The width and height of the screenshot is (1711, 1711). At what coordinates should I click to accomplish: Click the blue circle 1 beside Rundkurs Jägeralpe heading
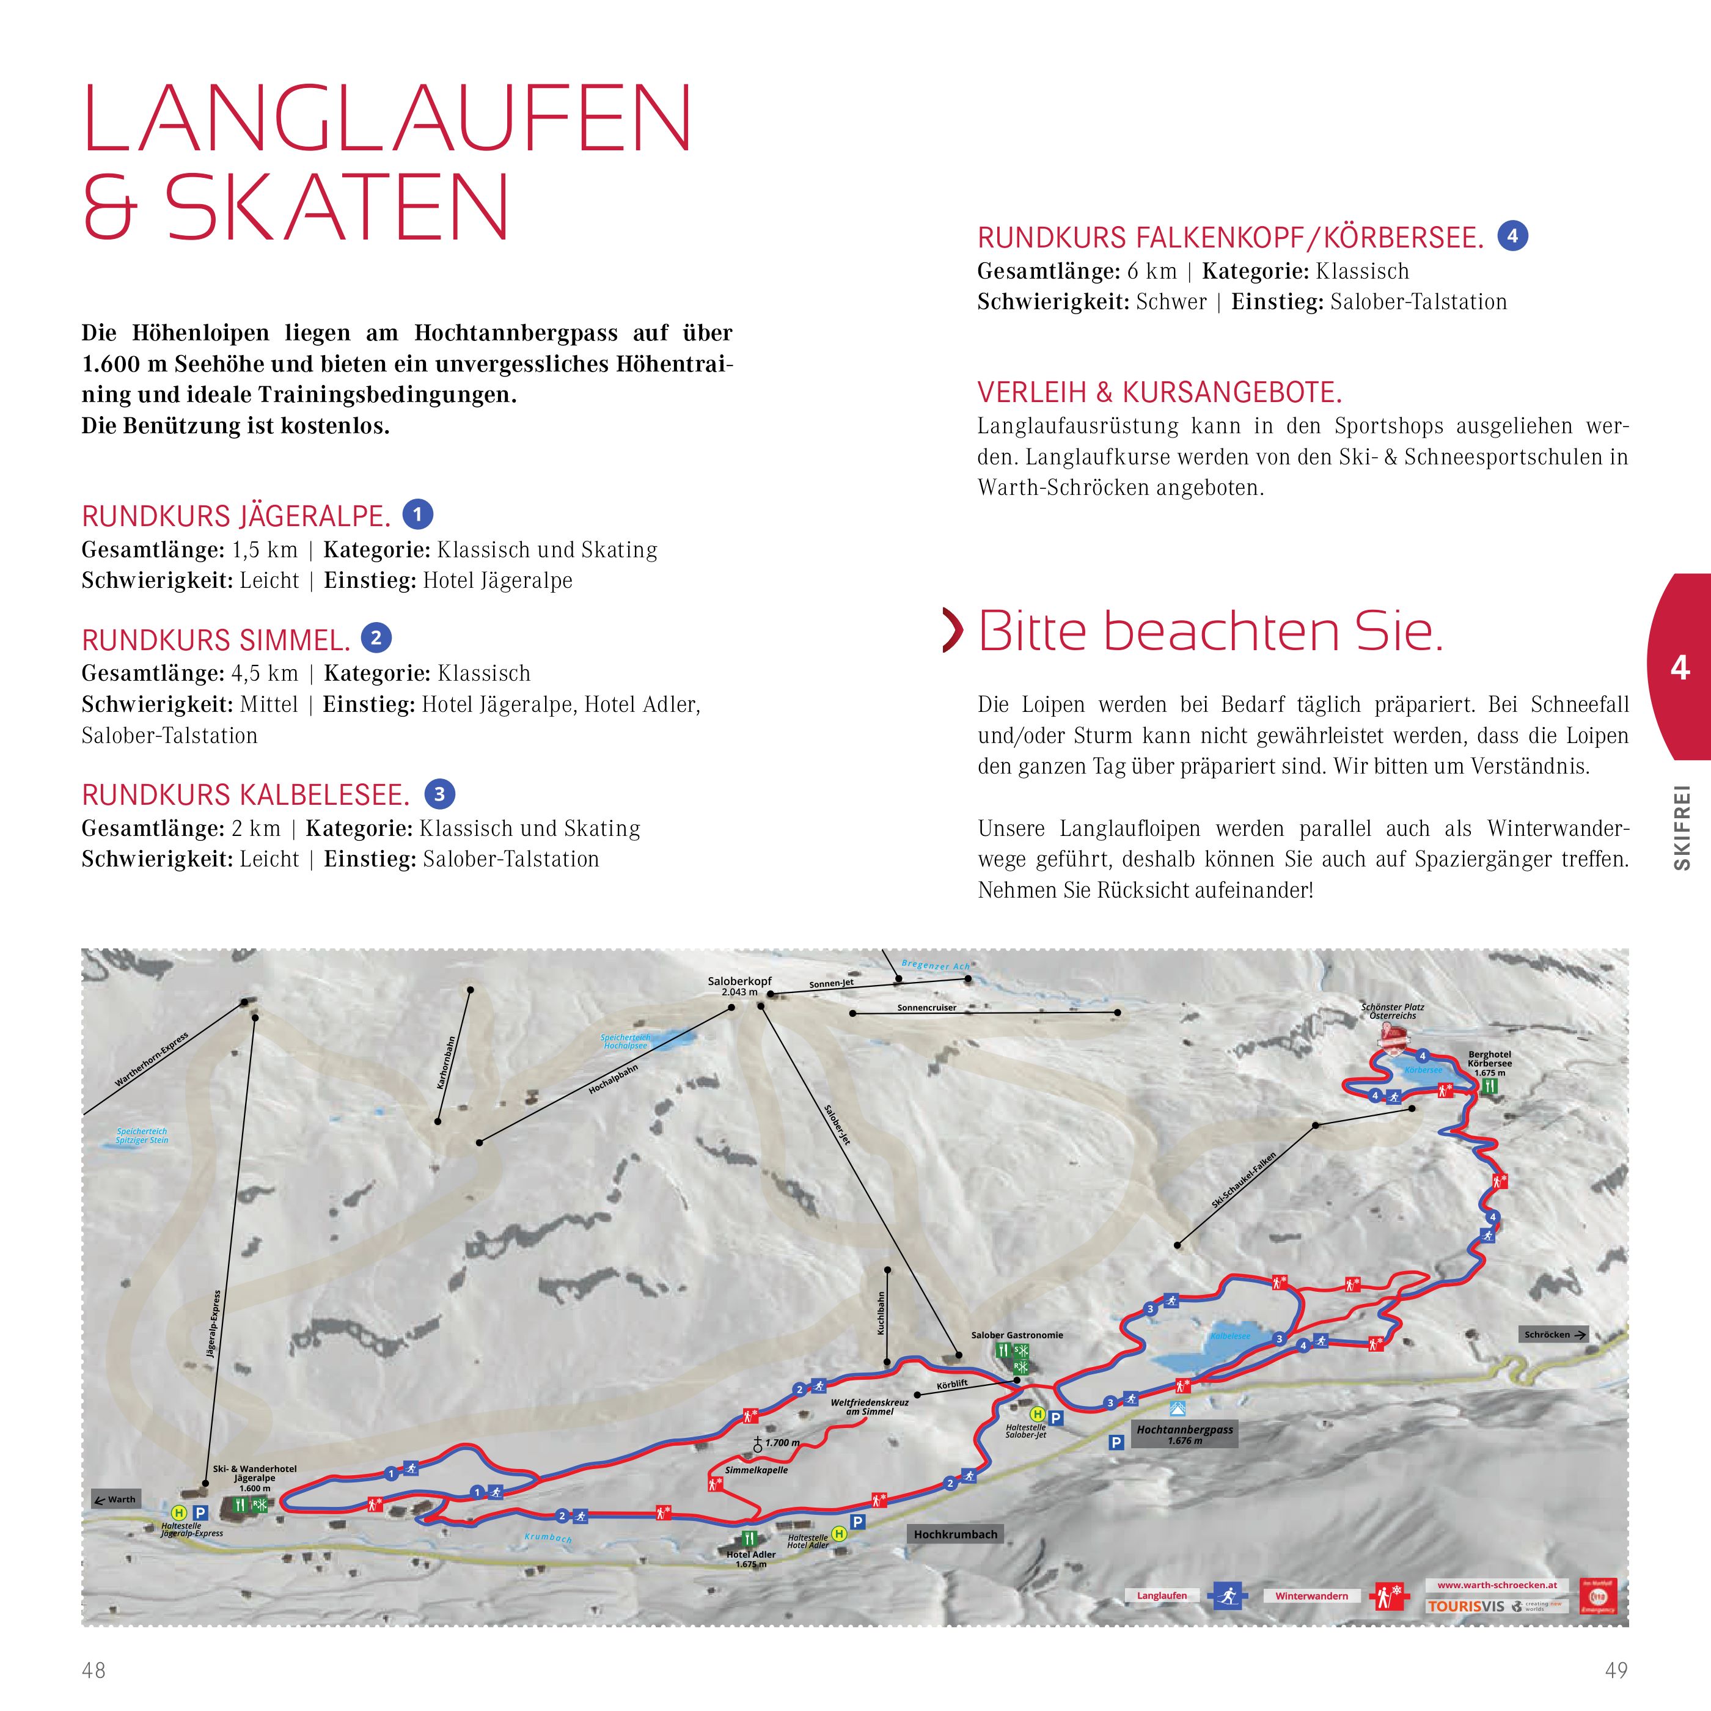point(418,515)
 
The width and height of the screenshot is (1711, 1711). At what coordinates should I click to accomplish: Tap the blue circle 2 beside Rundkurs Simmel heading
point(376,637)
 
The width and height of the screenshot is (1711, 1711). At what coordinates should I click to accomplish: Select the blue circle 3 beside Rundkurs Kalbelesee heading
point(439,794)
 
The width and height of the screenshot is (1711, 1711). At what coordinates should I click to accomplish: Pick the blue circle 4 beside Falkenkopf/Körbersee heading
point(1512,236)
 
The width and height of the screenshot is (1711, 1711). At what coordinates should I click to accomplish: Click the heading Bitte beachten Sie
point(1210,632)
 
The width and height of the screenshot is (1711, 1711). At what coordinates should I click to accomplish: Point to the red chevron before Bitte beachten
point(953,631)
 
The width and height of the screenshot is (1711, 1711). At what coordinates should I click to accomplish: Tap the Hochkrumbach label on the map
point(956,1534)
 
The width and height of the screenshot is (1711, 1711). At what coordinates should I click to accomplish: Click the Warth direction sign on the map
point(116,1500)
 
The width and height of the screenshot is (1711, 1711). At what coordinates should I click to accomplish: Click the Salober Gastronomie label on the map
point(1017,1335)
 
